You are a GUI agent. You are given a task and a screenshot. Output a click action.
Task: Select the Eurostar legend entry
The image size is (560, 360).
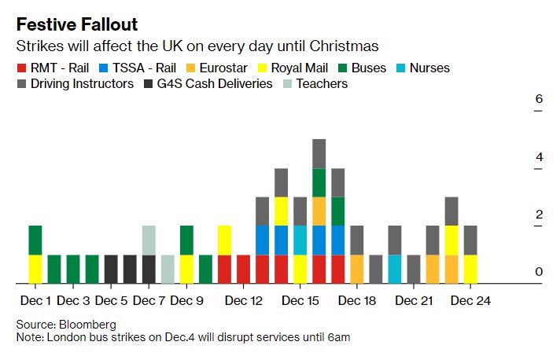(x=223, y=68)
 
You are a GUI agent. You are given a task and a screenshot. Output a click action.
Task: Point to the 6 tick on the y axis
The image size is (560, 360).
(x=539, y=100)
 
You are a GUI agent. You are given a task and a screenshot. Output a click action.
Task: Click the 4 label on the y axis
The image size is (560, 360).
(x=539, y=157)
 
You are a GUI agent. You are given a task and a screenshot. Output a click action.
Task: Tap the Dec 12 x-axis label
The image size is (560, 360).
(x=243, y=300)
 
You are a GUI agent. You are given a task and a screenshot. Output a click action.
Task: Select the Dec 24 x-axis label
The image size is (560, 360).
(x=470, y=300)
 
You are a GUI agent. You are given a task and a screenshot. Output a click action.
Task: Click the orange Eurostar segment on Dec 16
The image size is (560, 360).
(x=319, y=211)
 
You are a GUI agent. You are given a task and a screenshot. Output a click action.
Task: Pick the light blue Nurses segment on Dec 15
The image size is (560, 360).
(x=300, y=240)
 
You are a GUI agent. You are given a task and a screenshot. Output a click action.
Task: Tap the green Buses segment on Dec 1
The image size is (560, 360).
(x=35, y=240)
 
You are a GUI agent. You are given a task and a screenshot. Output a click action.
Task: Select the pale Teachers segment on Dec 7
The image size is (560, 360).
(x=149, y=240)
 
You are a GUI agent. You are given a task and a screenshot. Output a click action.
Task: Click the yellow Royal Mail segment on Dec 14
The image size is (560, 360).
(x=281, y=211)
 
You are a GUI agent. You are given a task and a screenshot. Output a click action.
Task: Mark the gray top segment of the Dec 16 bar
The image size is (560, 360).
(x=319, y=153)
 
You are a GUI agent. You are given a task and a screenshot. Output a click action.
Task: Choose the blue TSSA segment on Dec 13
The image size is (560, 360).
(x=262, y=240)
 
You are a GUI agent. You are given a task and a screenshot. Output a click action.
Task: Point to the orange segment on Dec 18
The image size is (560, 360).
(x=357, y=269)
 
